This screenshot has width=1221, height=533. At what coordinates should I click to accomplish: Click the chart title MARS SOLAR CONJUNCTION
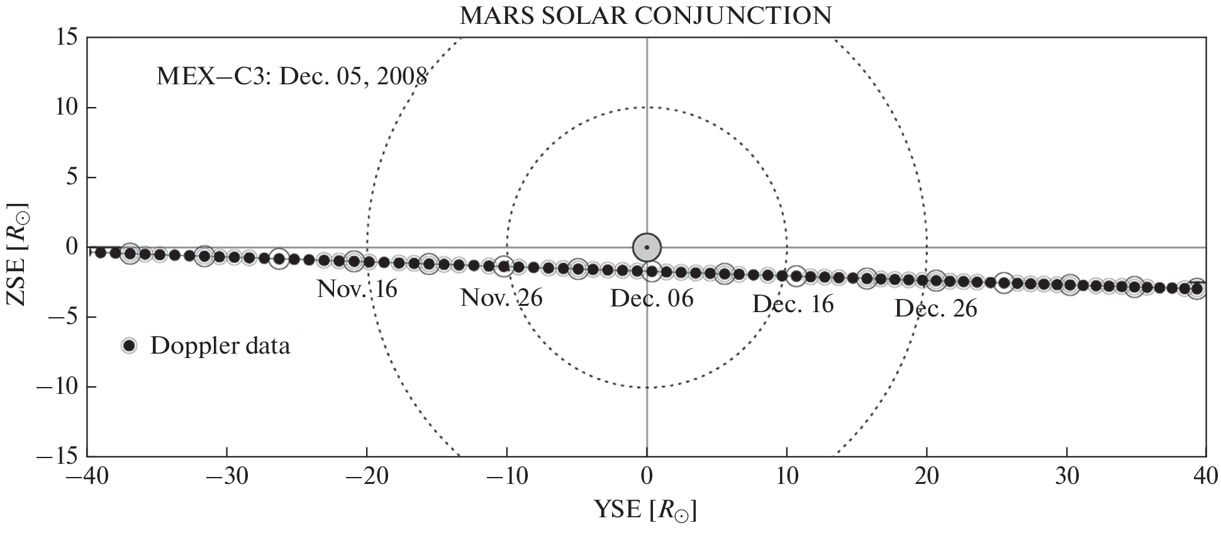[645, 15]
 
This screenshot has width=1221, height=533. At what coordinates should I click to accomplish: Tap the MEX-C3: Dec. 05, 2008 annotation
[292, 77]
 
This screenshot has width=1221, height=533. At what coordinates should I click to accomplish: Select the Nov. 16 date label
[357, 289]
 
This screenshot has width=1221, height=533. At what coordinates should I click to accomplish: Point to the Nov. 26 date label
[501, 298]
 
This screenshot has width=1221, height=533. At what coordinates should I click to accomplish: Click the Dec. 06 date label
[652, 298]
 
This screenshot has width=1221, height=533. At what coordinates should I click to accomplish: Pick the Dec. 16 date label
[793, 305]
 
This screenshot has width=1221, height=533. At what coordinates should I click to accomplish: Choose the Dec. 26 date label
[936, 309]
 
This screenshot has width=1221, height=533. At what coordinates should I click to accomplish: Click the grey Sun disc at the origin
[647, 247]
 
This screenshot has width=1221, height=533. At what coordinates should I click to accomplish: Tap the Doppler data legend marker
[130, 345]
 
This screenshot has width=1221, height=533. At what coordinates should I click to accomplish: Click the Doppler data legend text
[220, 346]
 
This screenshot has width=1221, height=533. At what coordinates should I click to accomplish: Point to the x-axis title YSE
[645, 510]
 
